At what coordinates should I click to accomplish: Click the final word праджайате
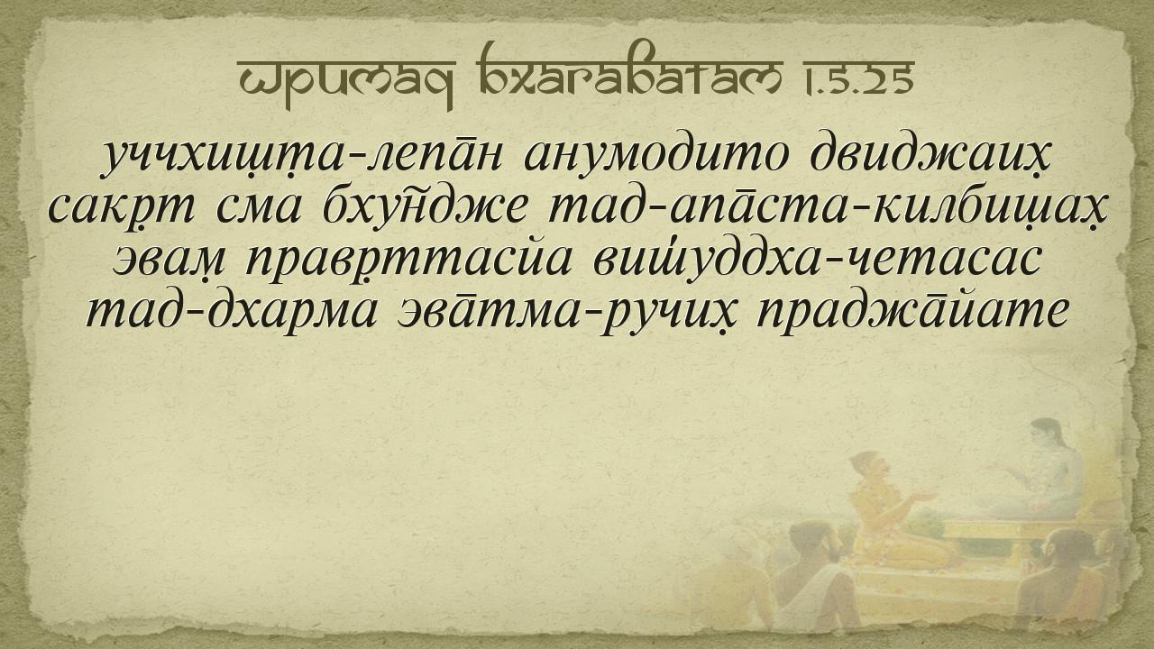[911, 313]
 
